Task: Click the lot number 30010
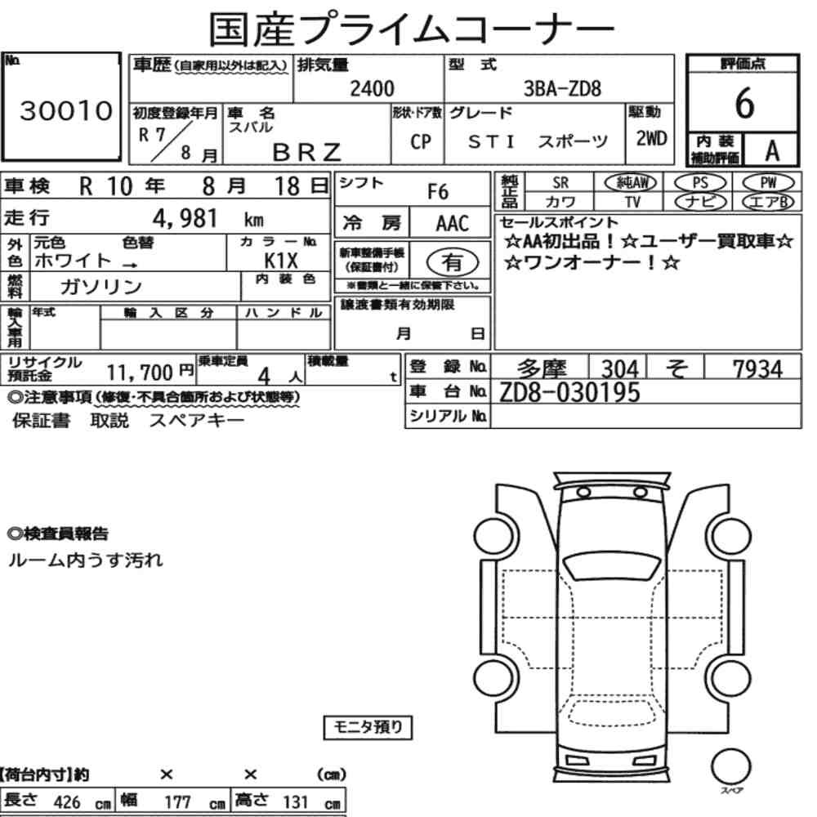[66, 111]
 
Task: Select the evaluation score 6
[744, 103]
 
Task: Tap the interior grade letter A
[772, 151]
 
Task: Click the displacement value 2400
[372, 88]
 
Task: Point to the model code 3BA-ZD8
[562, 88]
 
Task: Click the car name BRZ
[307, 152]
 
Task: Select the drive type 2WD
[651, 139]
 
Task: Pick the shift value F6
[438, 192]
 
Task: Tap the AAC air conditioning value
[453, 224]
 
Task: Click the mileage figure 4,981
[185, 219]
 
